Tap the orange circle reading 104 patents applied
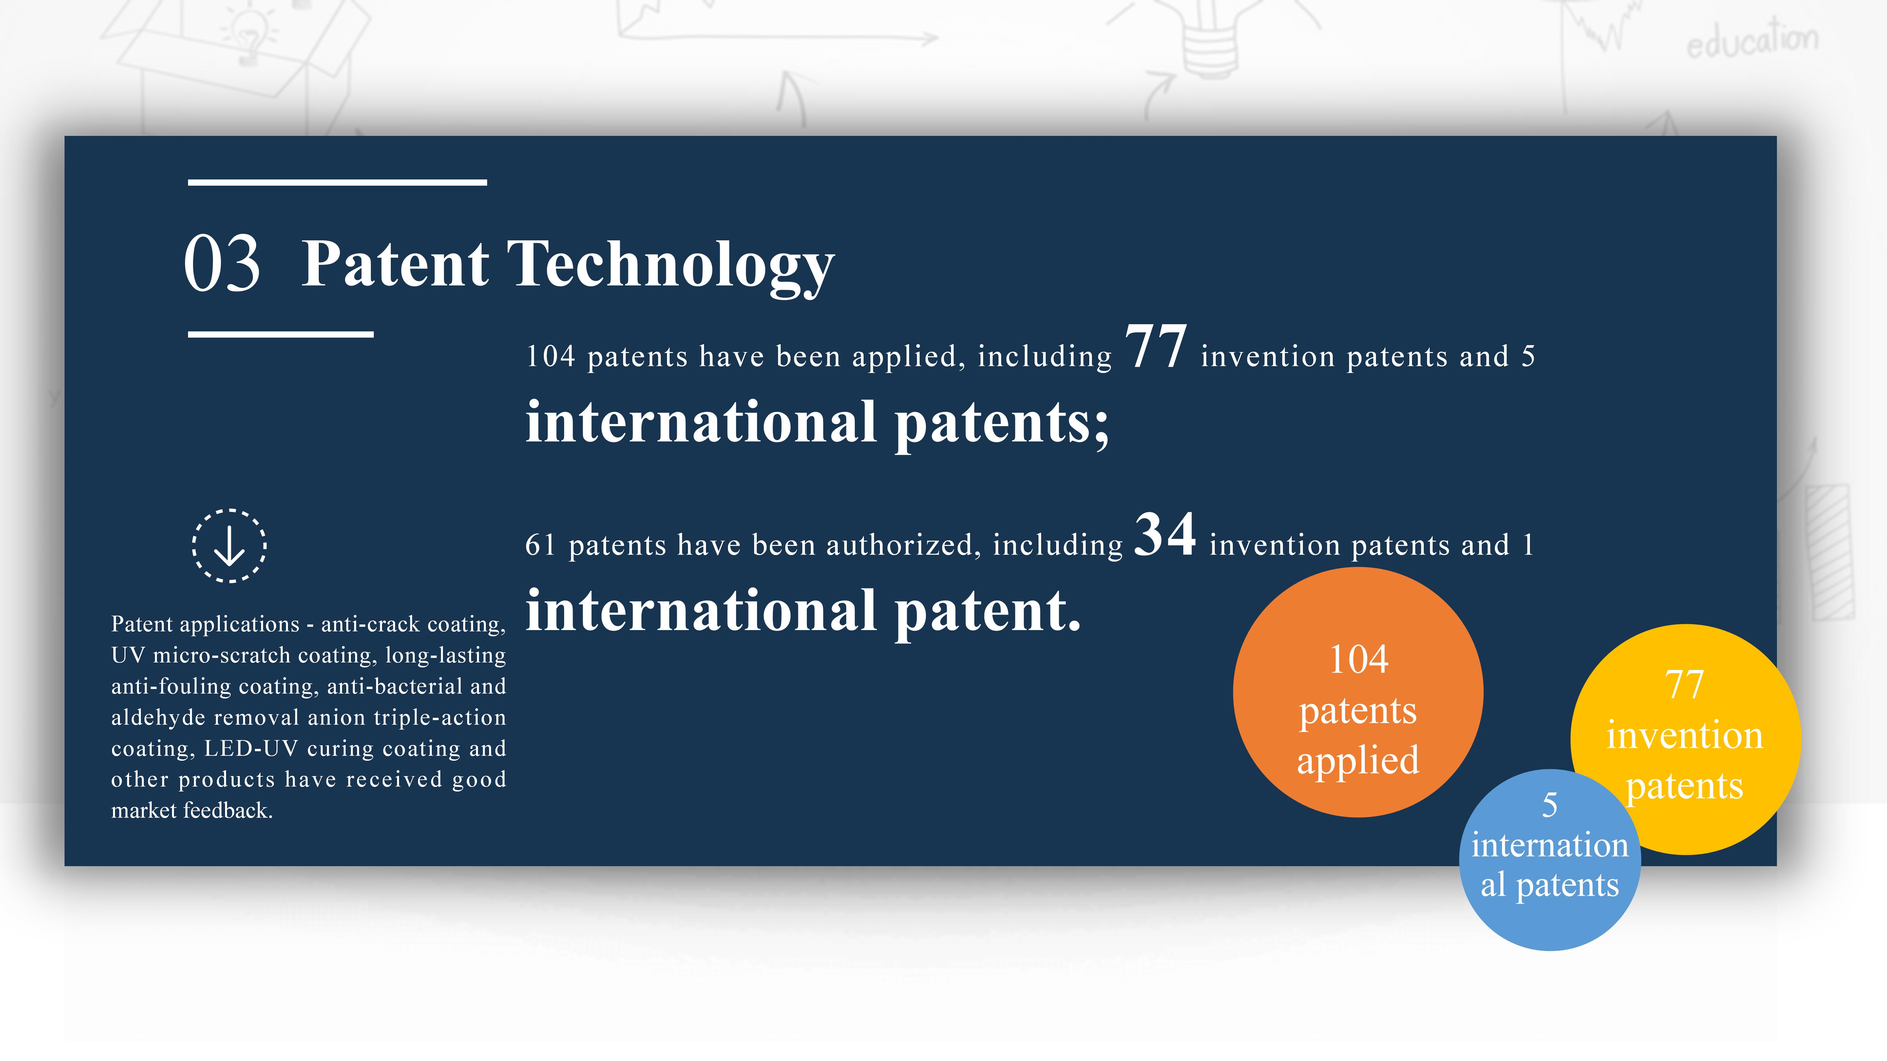(1358, 692)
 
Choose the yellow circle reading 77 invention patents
(1686, 739)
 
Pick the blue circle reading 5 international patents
(1550, 860)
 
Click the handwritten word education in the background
(1752, 40)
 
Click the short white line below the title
(280, 335)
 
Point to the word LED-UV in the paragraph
(251, 748)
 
